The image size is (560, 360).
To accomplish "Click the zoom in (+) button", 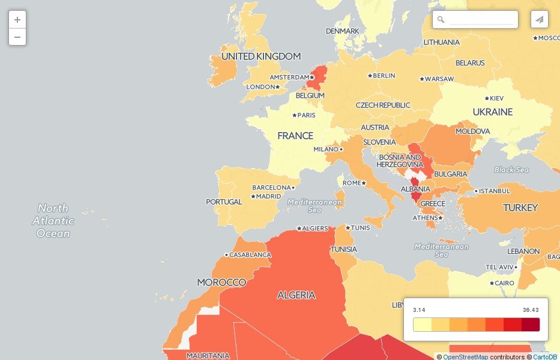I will [17, 20].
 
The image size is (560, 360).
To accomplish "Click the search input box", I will [481, 20].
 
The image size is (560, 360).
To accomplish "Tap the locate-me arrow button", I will [540, 20].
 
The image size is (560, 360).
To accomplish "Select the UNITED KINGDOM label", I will [260, 56].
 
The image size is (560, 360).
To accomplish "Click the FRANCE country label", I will [295, 136].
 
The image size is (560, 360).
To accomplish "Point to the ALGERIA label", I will [296, 295].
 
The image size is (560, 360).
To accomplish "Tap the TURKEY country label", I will [520, 208].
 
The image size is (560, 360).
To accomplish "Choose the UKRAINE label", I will [492, 112].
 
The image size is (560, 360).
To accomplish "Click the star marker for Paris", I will [294, 115].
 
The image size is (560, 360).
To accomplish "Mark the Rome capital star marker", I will [364, 183].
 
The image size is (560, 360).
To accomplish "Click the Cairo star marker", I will [492, 283].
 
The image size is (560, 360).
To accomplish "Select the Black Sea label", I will [511, 170].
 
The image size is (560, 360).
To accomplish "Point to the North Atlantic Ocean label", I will [53, 221].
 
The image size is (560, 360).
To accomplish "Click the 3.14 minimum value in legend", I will [419, 310].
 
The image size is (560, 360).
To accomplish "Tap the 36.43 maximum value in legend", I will [531, 310].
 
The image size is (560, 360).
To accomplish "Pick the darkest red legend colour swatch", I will [531, 325].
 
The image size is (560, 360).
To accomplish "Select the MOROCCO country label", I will [221, 282].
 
